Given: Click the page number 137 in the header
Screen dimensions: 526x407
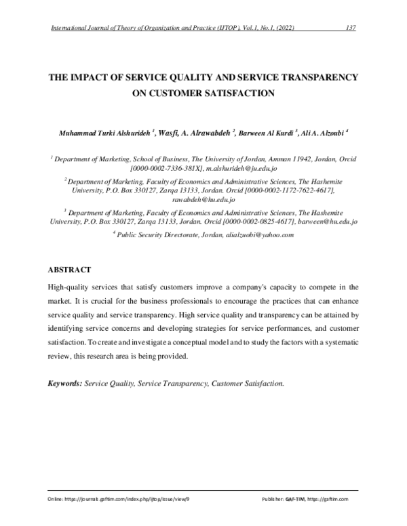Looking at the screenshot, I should click(x=351, y=27).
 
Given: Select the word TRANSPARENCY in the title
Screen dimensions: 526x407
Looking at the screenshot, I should click(x=317, y=77).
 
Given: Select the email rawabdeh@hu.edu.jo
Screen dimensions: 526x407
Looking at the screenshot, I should click(x=203, y=200).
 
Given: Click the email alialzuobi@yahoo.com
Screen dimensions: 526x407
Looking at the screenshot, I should click(x=260, y=235).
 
